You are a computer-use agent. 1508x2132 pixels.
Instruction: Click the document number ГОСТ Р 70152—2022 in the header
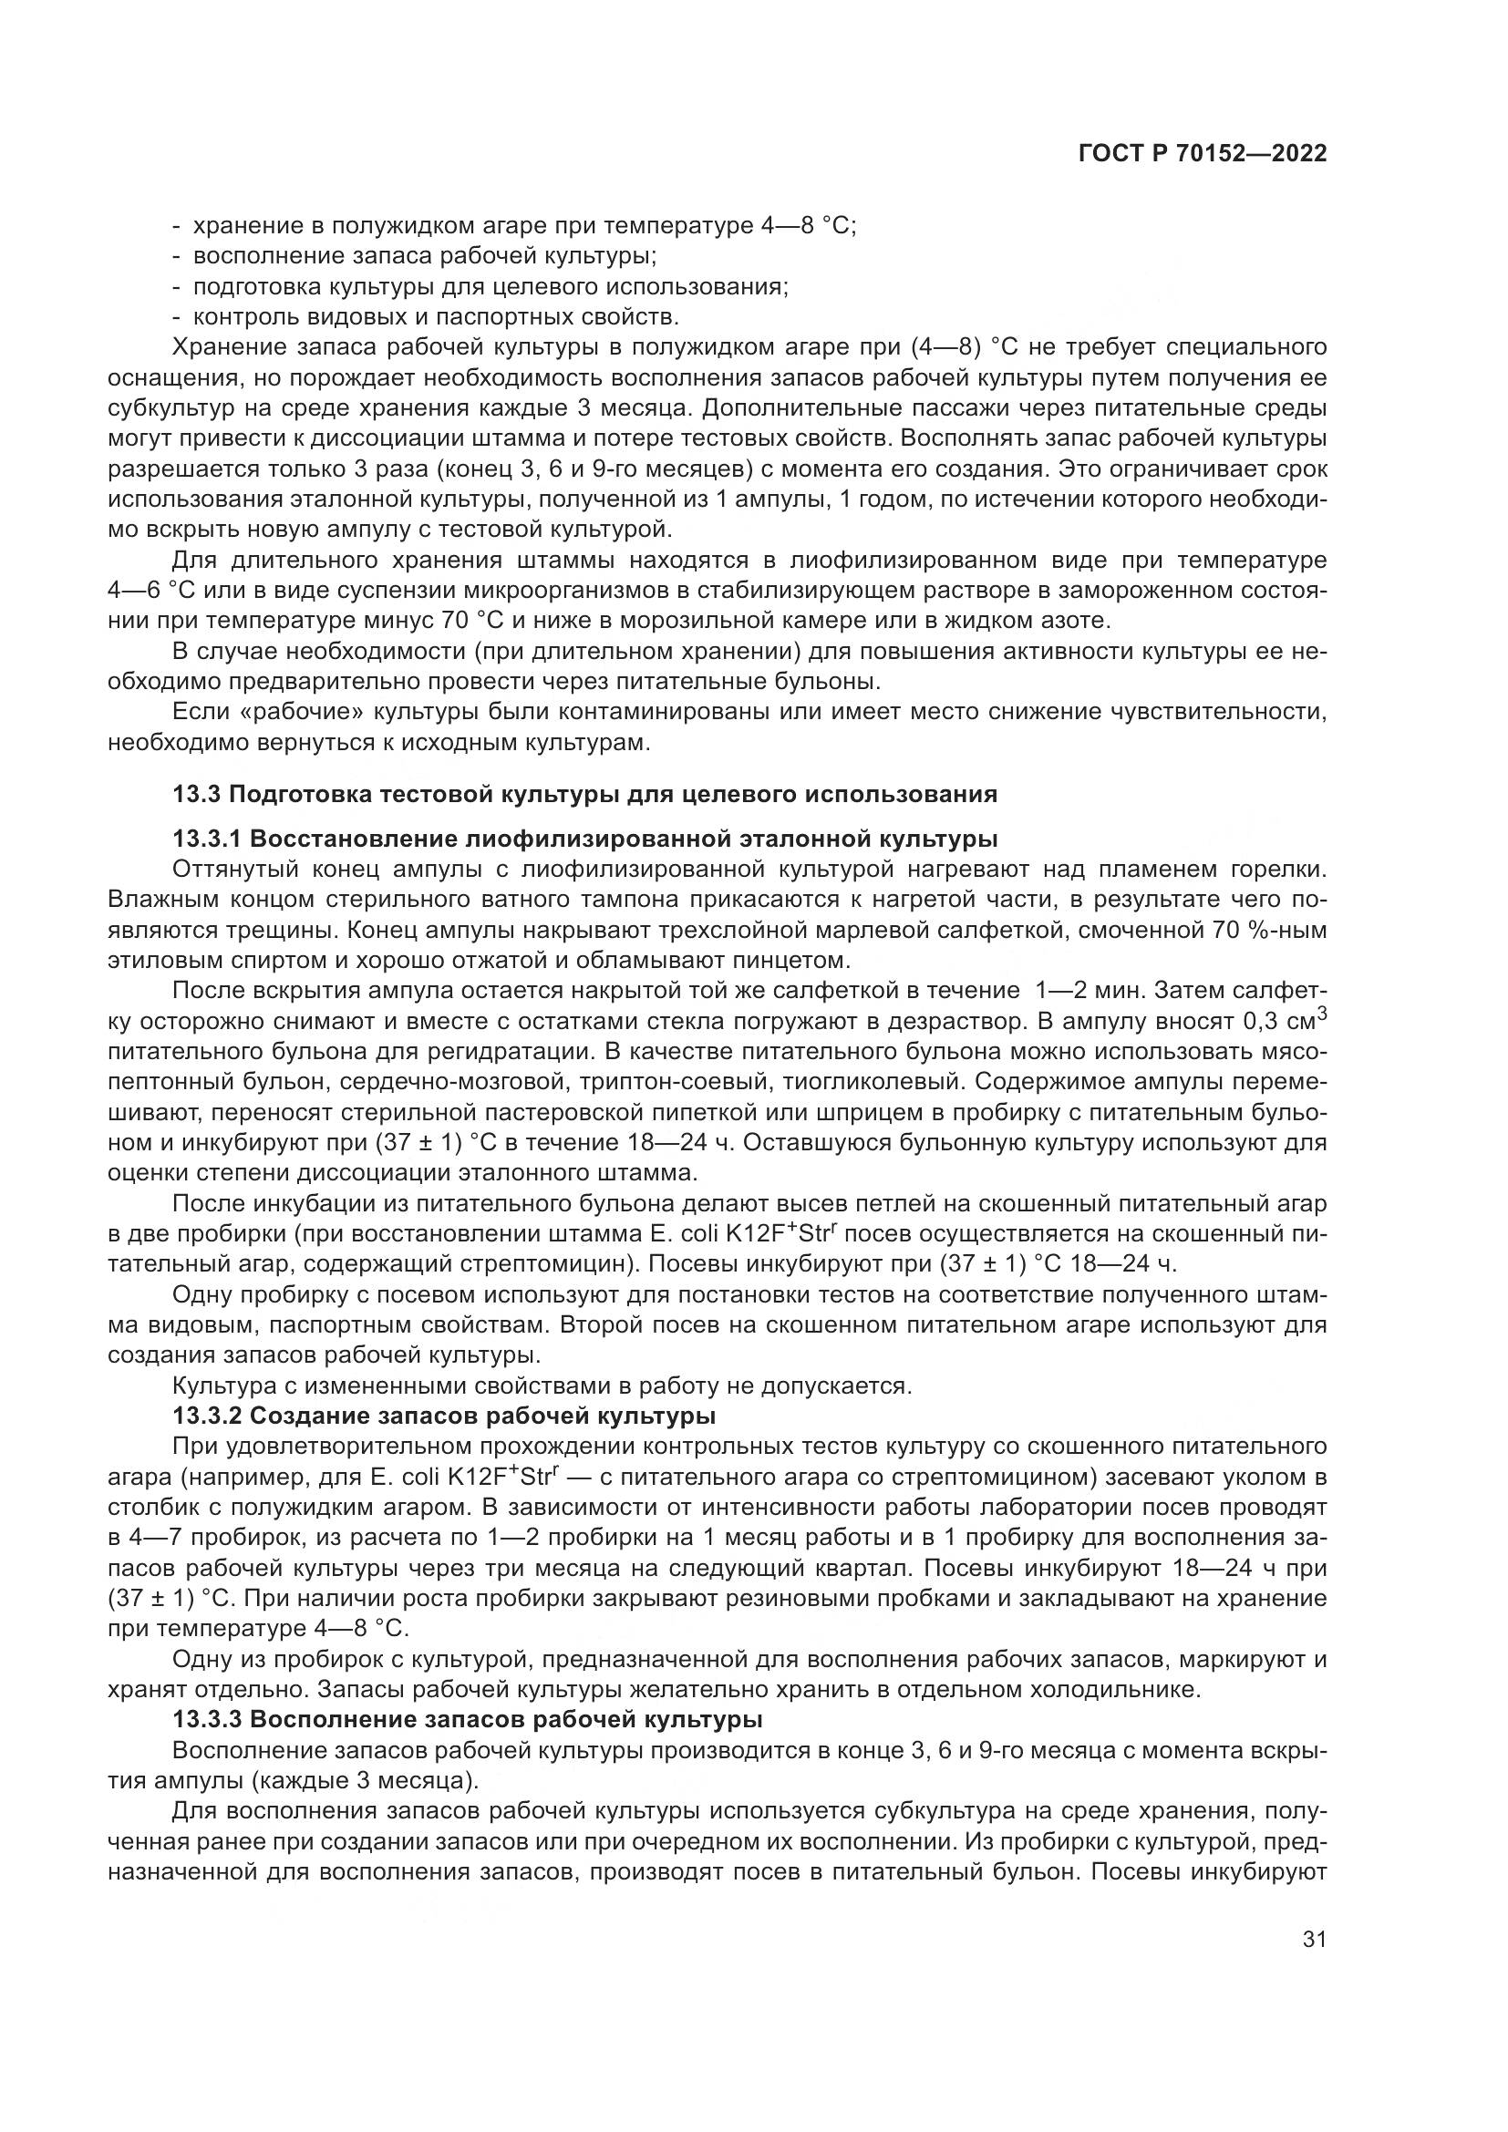[x=1202, y=154]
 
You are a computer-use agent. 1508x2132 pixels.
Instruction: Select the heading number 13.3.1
[x=206, y=839]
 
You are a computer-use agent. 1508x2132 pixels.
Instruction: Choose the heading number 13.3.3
[x=206, y=1719]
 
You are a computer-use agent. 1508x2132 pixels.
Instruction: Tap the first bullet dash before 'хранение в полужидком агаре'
[x=178, y=227]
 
